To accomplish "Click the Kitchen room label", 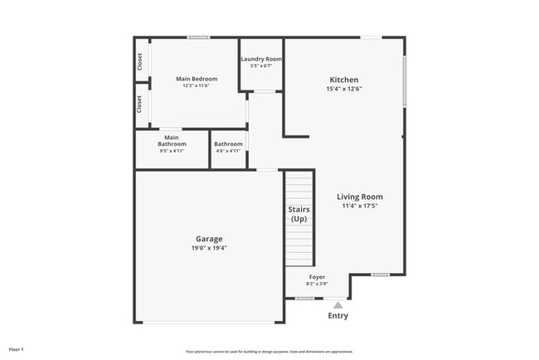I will [344, 80].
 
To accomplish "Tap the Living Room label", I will [359, 197].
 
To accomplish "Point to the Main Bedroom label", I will [197, 79].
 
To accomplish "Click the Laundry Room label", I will [261, 59].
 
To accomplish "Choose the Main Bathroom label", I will [172, 140].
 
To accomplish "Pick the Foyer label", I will [317, 276].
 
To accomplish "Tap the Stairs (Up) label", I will [299, 214].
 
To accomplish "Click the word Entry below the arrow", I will [337, 316].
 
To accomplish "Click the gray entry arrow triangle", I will [337, 304].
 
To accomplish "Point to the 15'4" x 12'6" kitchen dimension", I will [344, 89].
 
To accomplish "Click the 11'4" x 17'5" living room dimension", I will [359, 206].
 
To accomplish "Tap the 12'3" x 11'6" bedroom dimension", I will [197, 85].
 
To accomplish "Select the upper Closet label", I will [139, 61].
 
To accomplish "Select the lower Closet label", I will [139, 104].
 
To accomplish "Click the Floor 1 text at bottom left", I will [16, 349].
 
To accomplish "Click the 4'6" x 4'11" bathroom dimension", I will [228, 151].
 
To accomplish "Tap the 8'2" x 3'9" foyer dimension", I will [317, 283].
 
